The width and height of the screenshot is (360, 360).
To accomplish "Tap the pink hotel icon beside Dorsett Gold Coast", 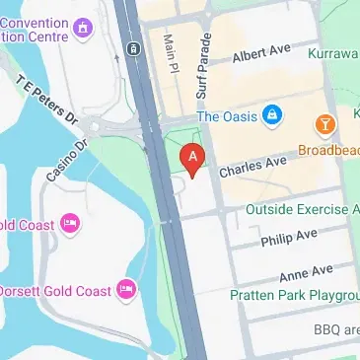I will tap(125, 289).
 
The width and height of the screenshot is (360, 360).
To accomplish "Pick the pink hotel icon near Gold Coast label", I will tap(70, 224).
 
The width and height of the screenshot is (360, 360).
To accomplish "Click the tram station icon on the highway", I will tap(131, 47).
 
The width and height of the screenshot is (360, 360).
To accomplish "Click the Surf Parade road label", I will tap(207, 60).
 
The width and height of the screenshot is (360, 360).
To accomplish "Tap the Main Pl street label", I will tap(169, 54).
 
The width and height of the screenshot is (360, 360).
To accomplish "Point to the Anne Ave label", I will tap(306, 273).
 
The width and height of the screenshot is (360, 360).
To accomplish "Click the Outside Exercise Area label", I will tap(302, 209).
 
